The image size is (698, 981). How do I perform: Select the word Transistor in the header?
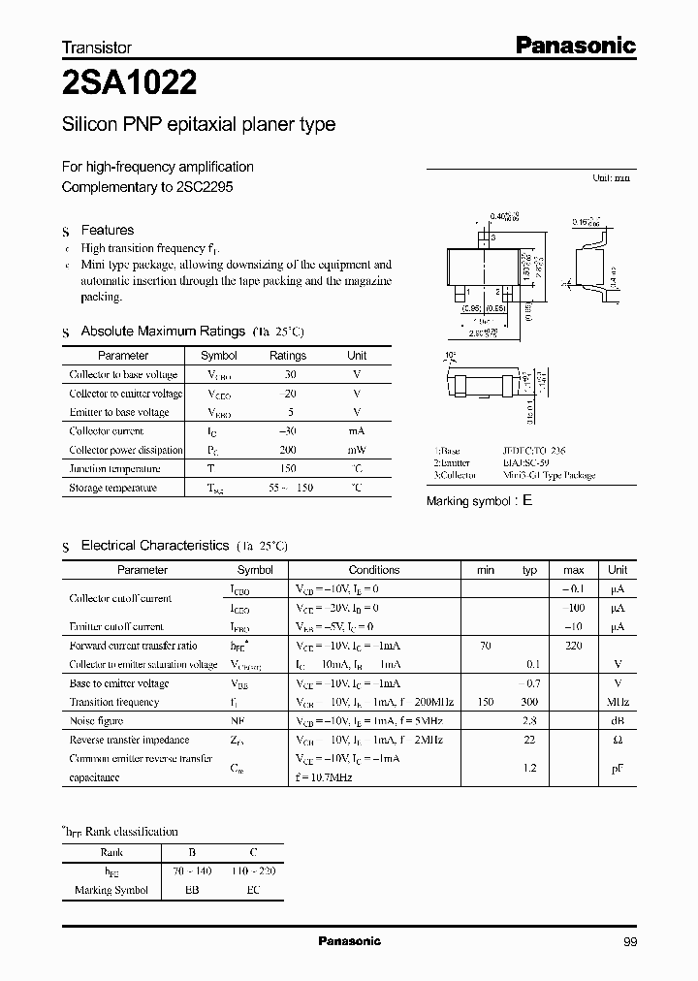pos(97,47)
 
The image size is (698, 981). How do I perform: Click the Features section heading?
pos(107,231)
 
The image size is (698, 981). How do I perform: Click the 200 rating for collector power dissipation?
pos(287,450)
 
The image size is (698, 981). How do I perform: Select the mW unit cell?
pos(357,450)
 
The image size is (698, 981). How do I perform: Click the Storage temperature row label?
pos(112,488)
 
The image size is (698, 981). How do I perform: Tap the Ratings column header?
pos(287,356)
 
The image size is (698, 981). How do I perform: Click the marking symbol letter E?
pos(527,501)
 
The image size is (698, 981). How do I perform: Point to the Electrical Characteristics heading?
pos(154,546)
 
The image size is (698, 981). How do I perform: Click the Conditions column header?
pos(373,570)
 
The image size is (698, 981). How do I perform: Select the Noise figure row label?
pos(96,720)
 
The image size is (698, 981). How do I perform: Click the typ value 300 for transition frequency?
pos(529,702)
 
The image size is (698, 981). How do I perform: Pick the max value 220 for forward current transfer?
pos(573,646)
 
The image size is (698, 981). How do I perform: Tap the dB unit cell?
pos(618,720)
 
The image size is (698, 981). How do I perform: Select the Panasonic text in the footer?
pos(349,941)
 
